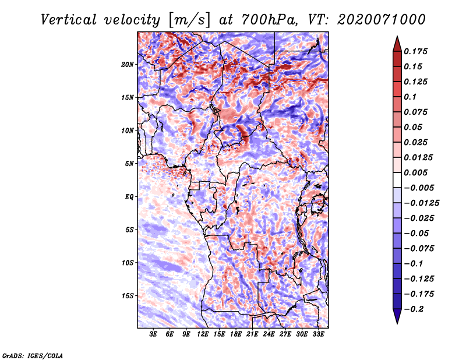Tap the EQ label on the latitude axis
129,197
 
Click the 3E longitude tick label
154,334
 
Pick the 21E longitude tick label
252,334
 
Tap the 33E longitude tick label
318,334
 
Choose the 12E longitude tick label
203,334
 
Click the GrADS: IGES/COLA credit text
32,354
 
